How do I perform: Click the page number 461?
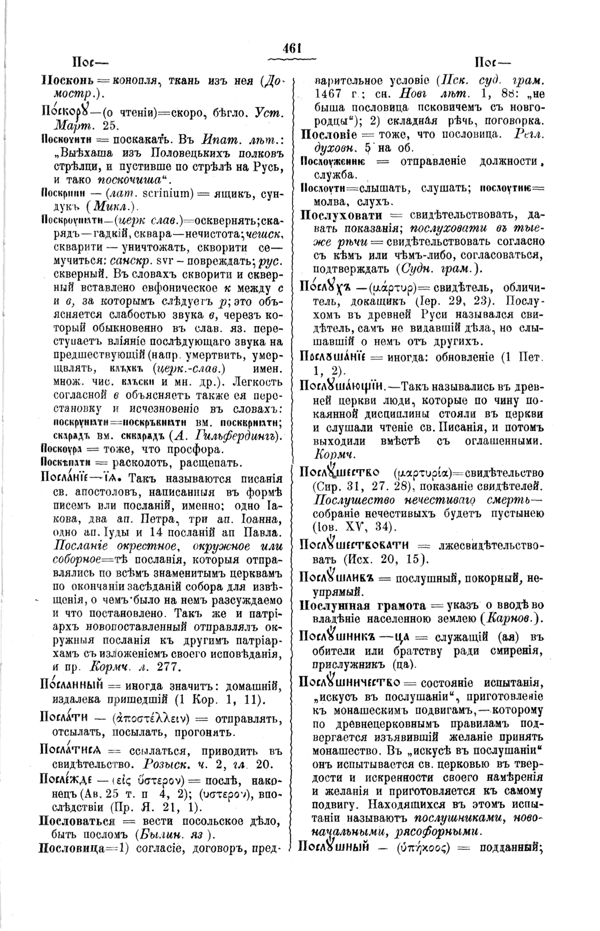(292, 48)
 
